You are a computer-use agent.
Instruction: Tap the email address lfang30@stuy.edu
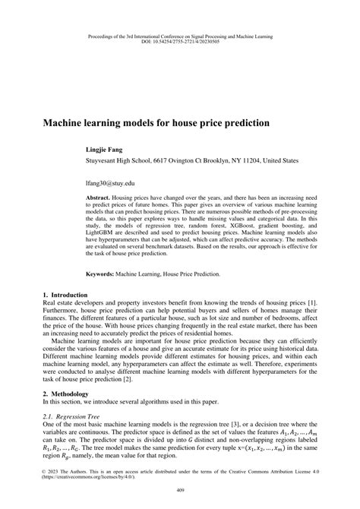[x=114, y=184]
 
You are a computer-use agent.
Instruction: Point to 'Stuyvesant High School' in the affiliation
[x=124, y=161]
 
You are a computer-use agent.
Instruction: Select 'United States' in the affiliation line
[x=275, y=161]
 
